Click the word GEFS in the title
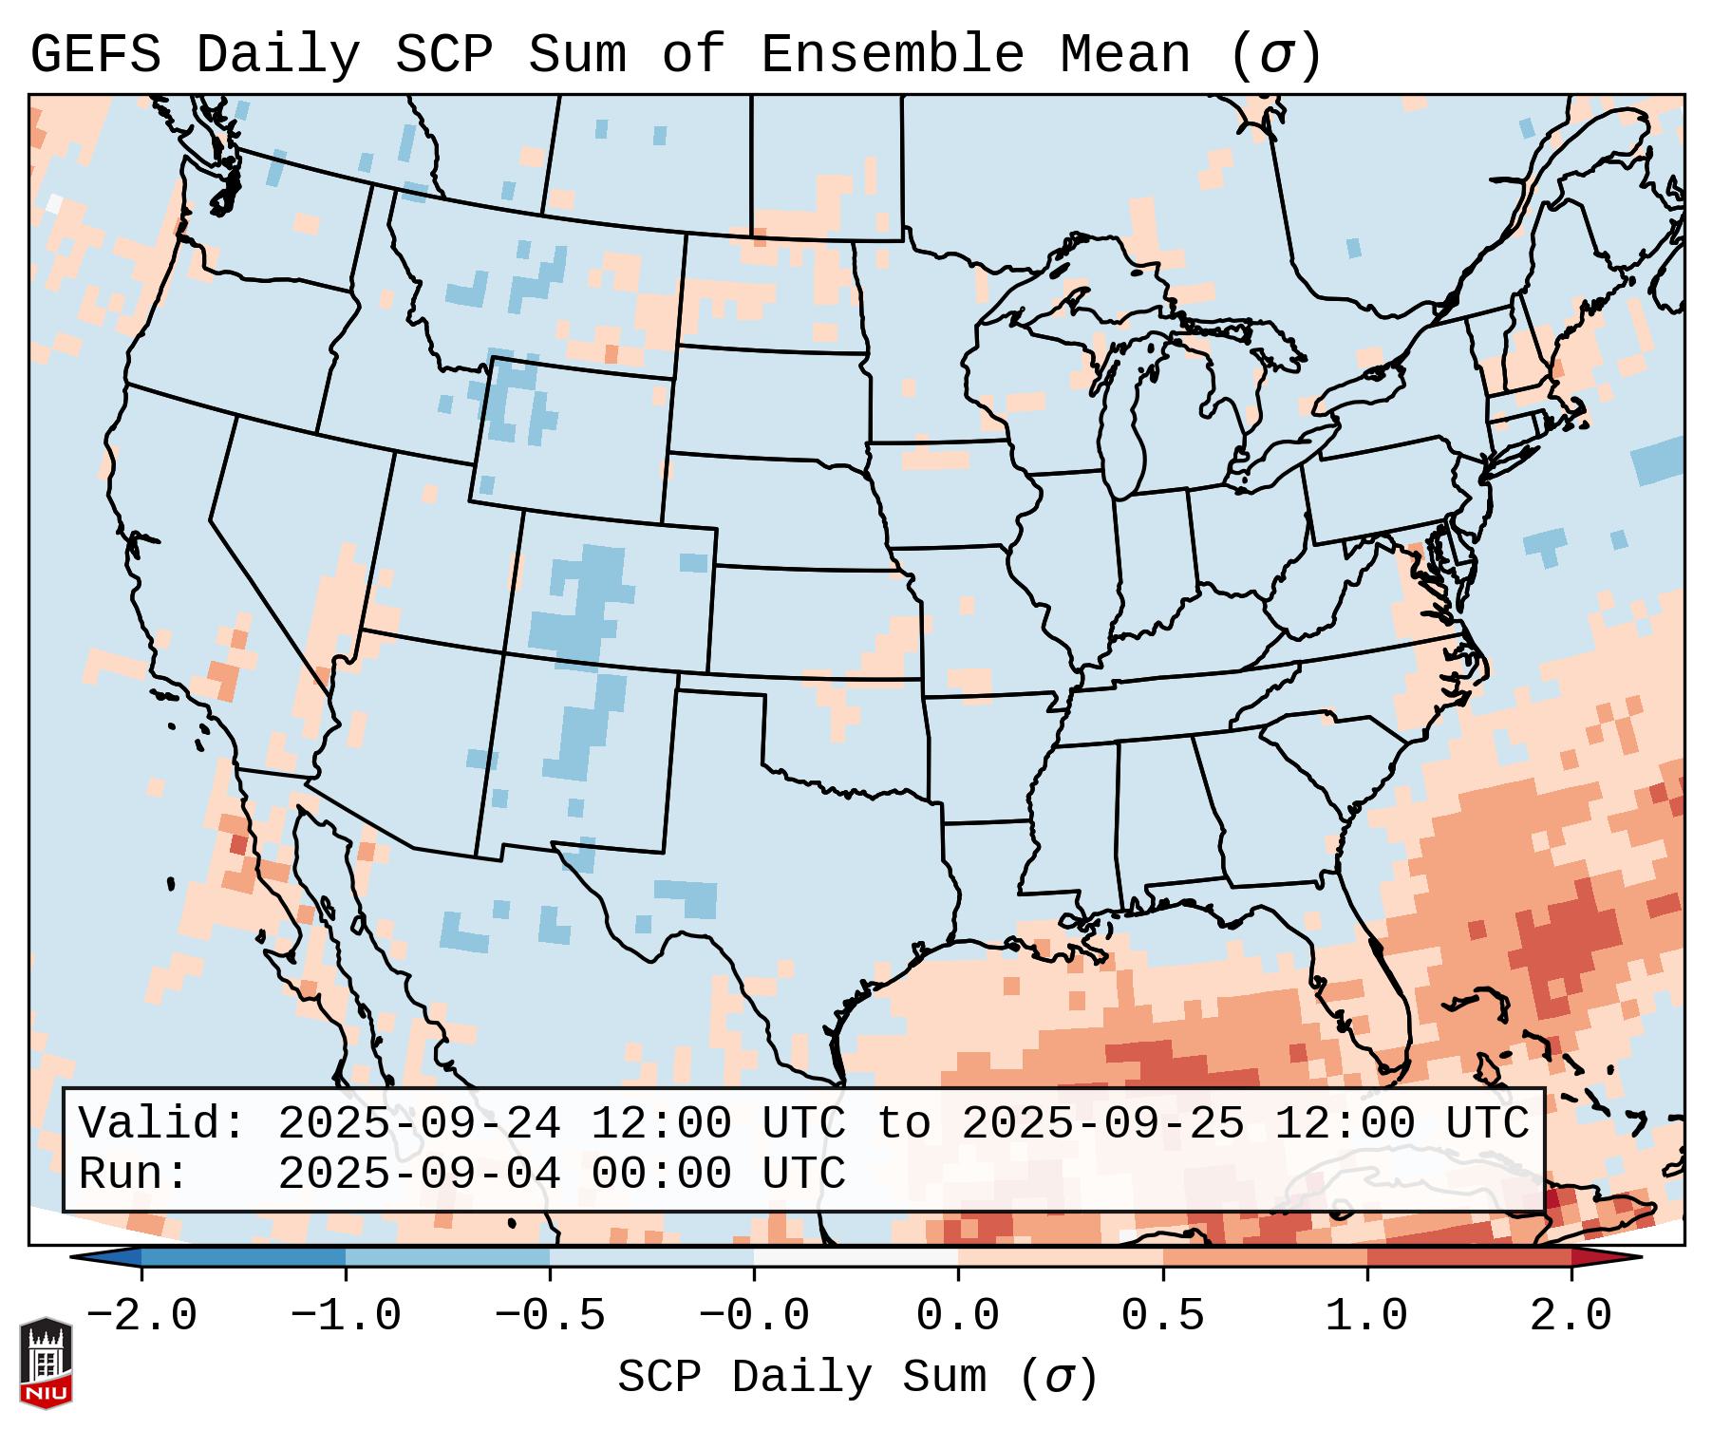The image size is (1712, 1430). coord(95,55)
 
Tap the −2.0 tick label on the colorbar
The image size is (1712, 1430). coord(141,1316)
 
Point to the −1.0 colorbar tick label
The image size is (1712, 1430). coord(346,1316)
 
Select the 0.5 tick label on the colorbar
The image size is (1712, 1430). coord(1162,1316)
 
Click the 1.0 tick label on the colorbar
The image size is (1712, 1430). coord(1366,1316)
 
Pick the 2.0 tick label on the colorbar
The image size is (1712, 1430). coord(1571,1316)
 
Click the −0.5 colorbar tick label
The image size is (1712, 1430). coord(550,1316)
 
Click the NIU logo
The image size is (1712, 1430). coord(46,1362)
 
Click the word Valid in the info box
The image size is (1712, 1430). coord(161,1123)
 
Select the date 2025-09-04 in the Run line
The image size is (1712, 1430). coord(419,1174)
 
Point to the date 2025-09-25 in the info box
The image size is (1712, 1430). coord(1102,1123)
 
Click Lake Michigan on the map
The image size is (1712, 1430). coord(1125,418)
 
